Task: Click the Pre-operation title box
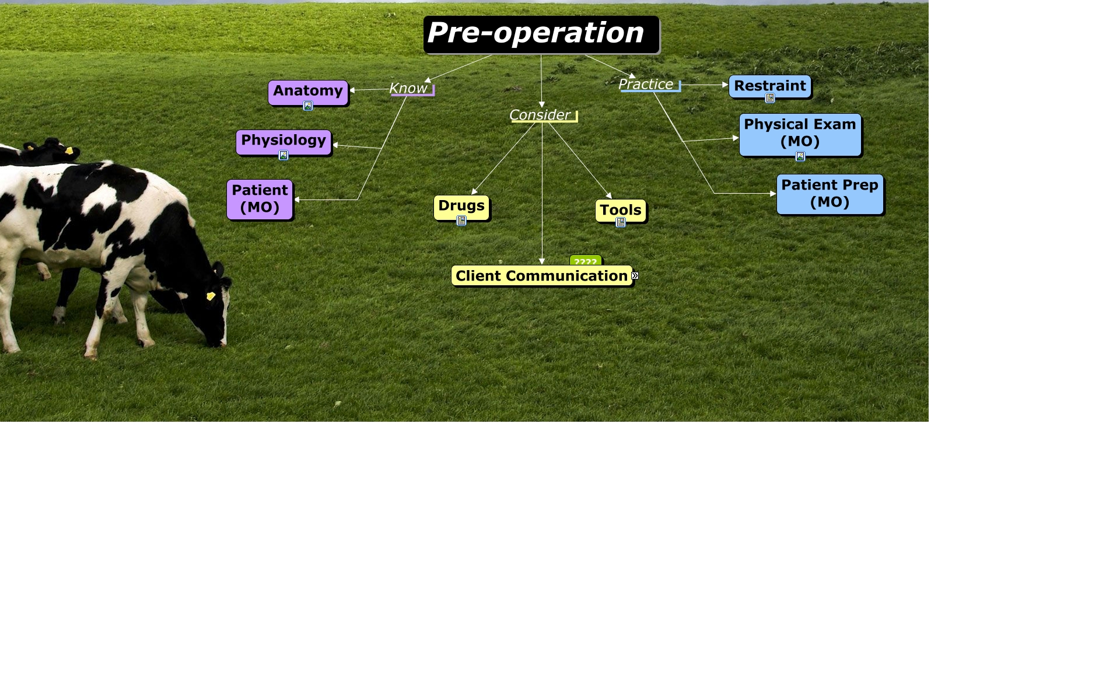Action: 541,34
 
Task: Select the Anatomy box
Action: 308,93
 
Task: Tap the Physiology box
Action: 283,142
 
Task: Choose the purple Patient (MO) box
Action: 260,199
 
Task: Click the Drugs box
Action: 461,208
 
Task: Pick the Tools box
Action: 621,211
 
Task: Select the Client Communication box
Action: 542,276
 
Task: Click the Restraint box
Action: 770,86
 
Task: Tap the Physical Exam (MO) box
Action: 800,135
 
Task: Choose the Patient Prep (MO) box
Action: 830,194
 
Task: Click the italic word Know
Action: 408,88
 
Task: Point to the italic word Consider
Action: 540,115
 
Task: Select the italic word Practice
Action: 646,84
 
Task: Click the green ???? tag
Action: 586,261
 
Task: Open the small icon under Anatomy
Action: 308,106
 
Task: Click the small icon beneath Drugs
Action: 461,220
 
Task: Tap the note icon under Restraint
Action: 770,98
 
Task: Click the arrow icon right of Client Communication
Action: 635,276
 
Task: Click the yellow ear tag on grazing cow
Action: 211,296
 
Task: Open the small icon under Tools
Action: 621,222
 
